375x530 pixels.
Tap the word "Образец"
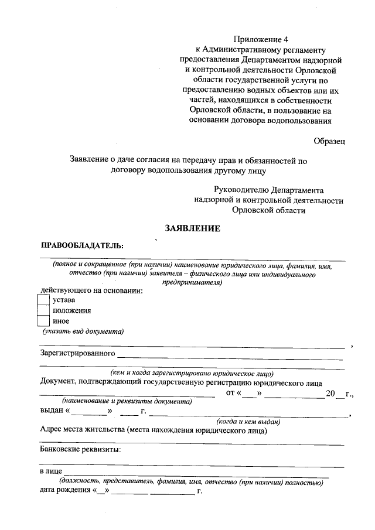(x=329, y=141)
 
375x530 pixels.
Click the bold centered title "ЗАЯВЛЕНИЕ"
(x=192, y=228)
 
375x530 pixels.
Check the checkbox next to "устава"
(x=43, y=300)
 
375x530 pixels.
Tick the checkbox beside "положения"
(x=43, y=310)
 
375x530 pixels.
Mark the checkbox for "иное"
(x=43, y=321)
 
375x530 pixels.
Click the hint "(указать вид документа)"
(x=83, y=331)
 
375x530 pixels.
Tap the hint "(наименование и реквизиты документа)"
(x=127, y=402)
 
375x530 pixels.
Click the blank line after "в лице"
(x=193, y=472)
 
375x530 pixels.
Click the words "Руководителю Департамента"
(x=269, y=190)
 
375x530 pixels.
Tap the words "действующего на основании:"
(x=91, y=289)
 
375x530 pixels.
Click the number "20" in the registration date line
(x=331, y=393)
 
